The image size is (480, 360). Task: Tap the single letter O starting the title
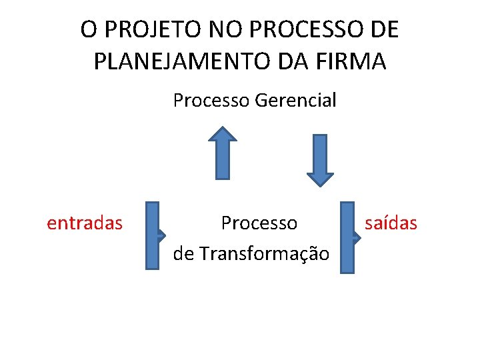click(88, 30)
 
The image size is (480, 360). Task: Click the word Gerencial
click(296, 101)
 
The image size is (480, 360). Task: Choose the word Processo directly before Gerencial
click(211, 101)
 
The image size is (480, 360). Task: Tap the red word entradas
click(85, 223)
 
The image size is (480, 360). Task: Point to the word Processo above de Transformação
click(259, 223)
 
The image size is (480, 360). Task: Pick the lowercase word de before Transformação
click(183, 254)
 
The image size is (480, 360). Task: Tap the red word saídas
click(391, 223)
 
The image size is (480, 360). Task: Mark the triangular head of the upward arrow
click(223, 134)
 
